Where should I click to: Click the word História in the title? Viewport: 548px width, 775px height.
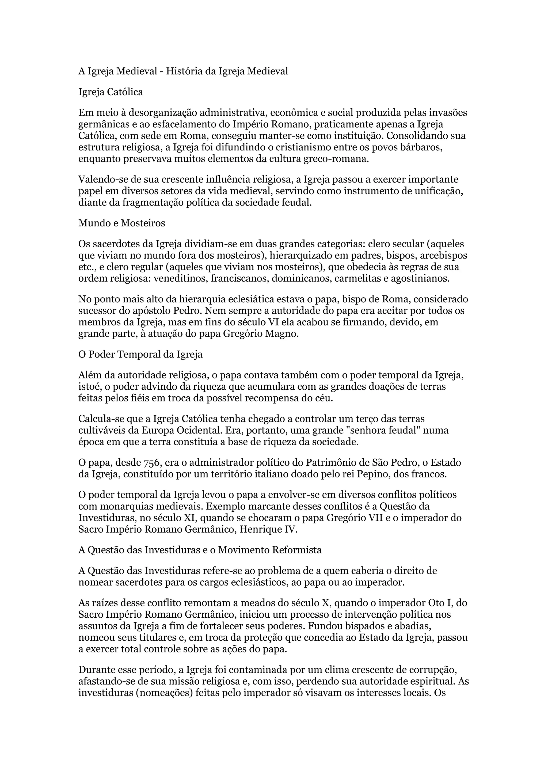click(185, 71)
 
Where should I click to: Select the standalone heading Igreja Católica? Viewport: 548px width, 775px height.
click(111, 92)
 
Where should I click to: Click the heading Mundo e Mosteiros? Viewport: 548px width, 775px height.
click(121, 223)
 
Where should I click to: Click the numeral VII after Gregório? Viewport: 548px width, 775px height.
click(374, 518)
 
